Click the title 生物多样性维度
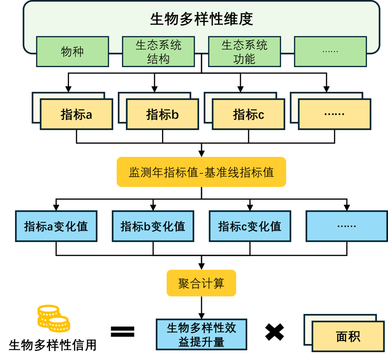pos(201,19)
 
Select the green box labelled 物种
pos(72,51)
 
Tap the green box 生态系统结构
pos(158,51)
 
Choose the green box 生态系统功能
pos(244,51)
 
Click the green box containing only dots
pos(330,51)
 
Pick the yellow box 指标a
pos(77,114)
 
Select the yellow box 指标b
pos(162,114)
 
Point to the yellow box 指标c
pos(249,114)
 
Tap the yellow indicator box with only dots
pos(334,114)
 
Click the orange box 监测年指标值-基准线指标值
pos(201,172)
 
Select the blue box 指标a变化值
pos(56,226)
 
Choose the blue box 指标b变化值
pos(153,226)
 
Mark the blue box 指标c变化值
pos(250,226)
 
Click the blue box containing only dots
pos(347,226)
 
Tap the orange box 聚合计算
pos(201,283)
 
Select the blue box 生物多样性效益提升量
pos(201,334)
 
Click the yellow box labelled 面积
pos(348,337)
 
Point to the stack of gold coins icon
pos(54,318)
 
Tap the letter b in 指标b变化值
pos(147,226)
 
